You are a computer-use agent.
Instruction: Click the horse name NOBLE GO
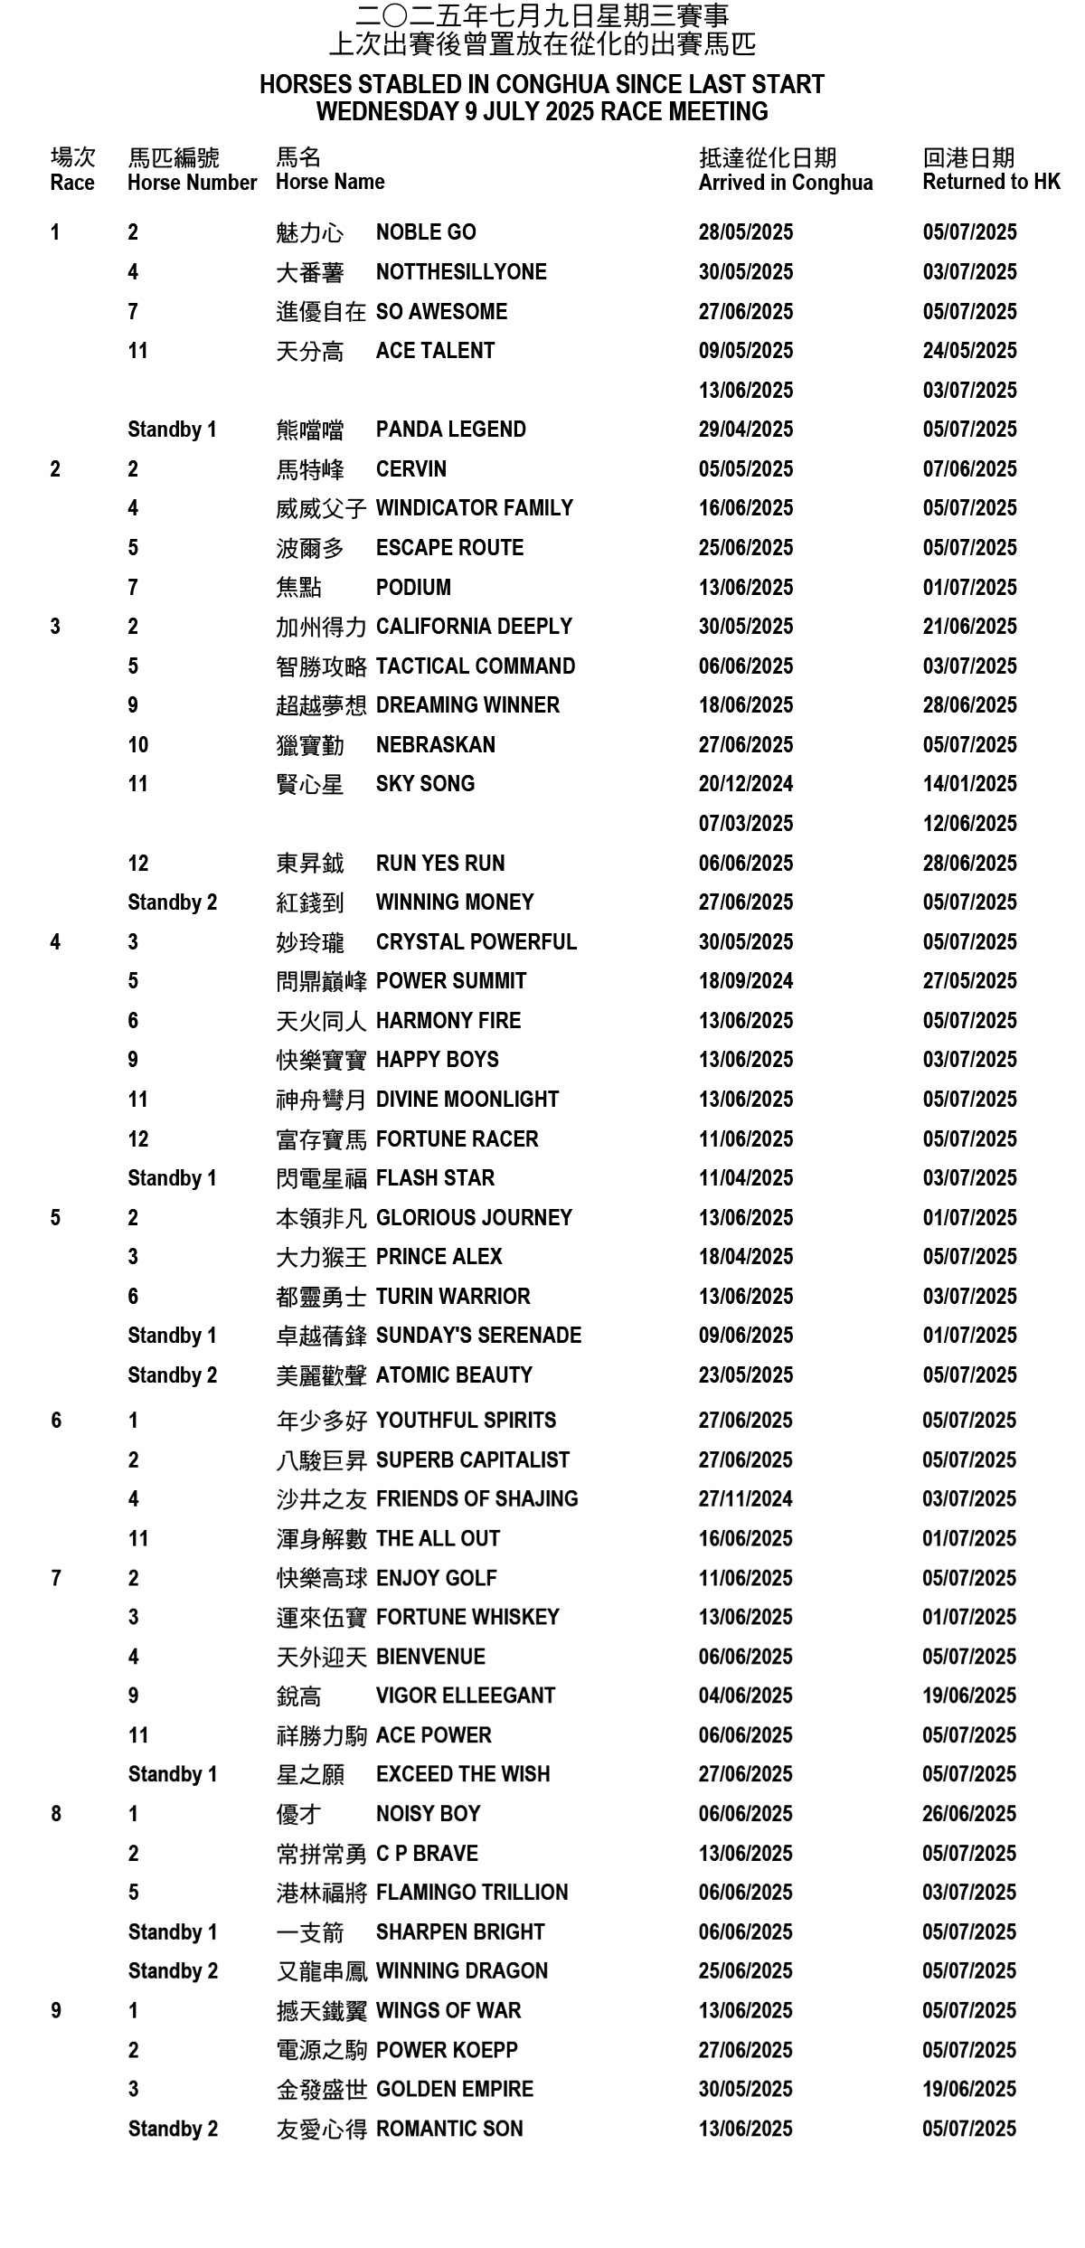click(x=425, y=232)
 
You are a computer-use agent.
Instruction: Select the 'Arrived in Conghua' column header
click(x=785, y=183)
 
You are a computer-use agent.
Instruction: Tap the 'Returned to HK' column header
click(x=991, y=182)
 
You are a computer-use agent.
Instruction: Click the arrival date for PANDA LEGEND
click(x=745, y=430)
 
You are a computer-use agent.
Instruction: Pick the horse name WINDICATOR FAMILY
click(x=474, y=508)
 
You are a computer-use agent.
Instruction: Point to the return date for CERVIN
click(x=969, y=469)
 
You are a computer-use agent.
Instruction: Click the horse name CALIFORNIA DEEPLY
click(x=474, y=627)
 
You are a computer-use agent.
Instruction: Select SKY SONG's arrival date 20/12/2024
click(x=745, y=784)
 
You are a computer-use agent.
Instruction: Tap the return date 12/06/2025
click(x=969, y=824)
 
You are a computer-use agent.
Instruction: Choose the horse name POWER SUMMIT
click(x=450, y=981)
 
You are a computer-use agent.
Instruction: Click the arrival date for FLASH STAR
click(x=745, y=1178)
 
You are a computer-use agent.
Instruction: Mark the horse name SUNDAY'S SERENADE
click(x=478, y=1336)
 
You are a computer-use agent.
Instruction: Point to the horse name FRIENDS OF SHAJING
click(x=476, y=1499)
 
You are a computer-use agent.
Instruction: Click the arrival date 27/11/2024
click(x=745, y=1499)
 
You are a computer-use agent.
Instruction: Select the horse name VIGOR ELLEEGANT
click(x=465, y=1695)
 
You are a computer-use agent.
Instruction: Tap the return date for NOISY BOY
click(x=969, y=1814)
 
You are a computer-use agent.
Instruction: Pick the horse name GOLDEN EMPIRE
click(x=454, y=2090)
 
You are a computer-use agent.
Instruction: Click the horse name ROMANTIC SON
click(x=448, y=2130)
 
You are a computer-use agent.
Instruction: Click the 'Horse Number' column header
click(x=192, y=183)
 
